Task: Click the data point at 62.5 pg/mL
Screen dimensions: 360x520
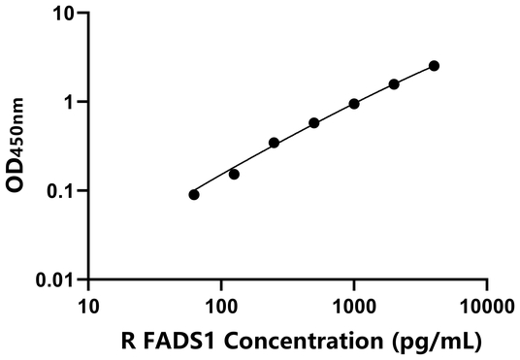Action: coord(194,195)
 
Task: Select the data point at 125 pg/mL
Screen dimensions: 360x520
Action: coord(234,175)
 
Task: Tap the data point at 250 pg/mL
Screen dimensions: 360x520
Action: coord(275,143)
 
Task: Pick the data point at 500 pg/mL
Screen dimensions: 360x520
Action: coord(314,123)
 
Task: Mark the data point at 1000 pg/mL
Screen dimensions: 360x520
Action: coord(354,104)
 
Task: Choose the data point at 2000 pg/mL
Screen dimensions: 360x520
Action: coord(394,84)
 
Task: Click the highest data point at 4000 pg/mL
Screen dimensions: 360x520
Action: coord(434,66)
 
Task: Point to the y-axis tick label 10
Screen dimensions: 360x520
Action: coord(63,14)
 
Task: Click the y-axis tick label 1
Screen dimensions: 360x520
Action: coord(69,102)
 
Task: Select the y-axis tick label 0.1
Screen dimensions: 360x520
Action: coord(61,191)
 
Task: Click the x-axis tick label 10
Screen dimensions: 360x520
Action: coord(88,305)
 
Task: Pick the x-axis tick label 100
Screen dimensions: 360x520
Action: coord(221,305)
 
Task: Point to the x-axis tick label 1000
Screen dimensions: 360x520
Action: coord(354,305)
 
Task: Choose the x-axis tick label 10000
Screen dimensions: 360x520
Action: coord(486,305)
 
